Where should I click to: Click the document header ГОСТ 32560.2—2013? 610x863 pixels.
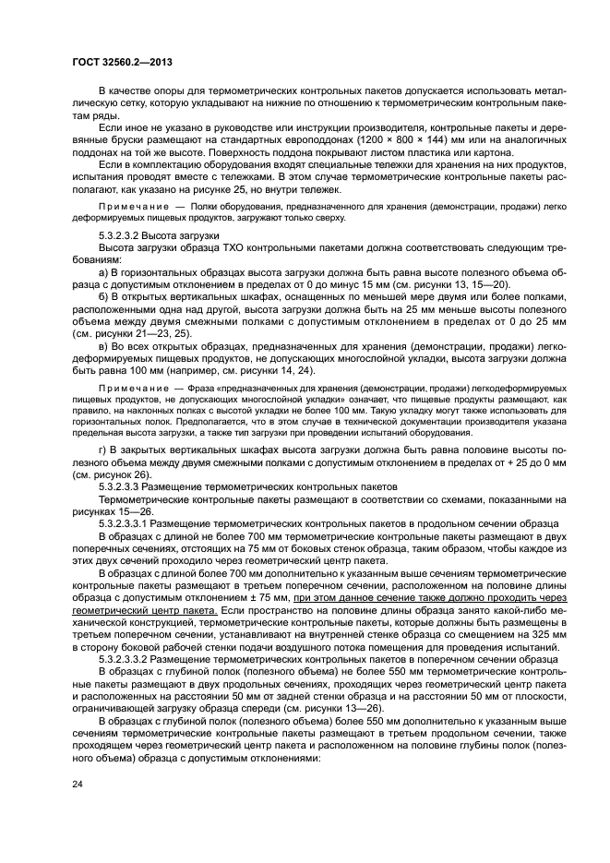tap(122, 63)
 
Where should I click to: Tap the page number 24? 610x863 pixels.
tap(78, 785)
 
